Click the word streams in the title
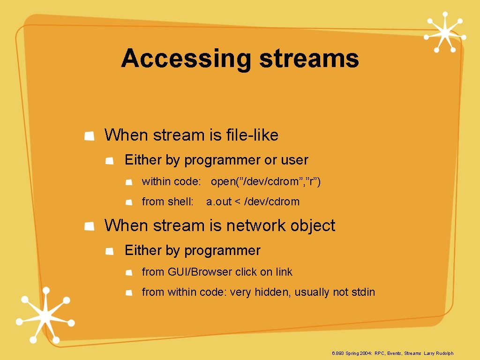[309, 60]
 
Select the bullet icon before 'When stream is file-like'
[89, 136]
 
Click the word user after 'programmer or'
[294, 160]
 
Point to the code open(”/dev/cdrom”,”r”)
[266, 181]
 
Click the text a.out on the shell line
[219, 202]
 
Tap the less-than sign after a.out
[238, 202]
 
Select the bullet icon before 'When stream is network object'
[89, 226]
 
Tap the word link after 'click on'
[284, 272]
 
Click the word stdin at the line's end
[364, 292]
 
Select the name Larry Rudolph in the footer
[439, 353]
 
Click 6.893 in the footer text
[337, 353]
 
